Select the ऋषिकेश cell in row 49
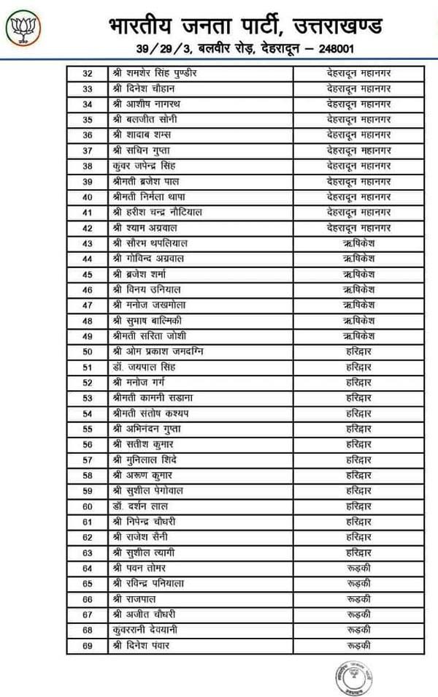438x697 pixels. click(x=359, y=336)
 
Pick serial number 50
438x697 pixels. click(x=88, y=351)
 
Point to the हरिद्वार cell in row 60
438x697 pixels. click(x=359, y=506)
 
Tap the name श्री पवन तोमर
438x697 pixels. click(x=139, y=568)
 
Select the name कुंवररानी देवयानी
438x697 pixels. click(x=145, y=630)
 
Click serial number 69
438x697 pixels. click(x=88, y=645)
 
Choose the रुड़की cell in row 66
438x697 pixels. click(x=359, y=598)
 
